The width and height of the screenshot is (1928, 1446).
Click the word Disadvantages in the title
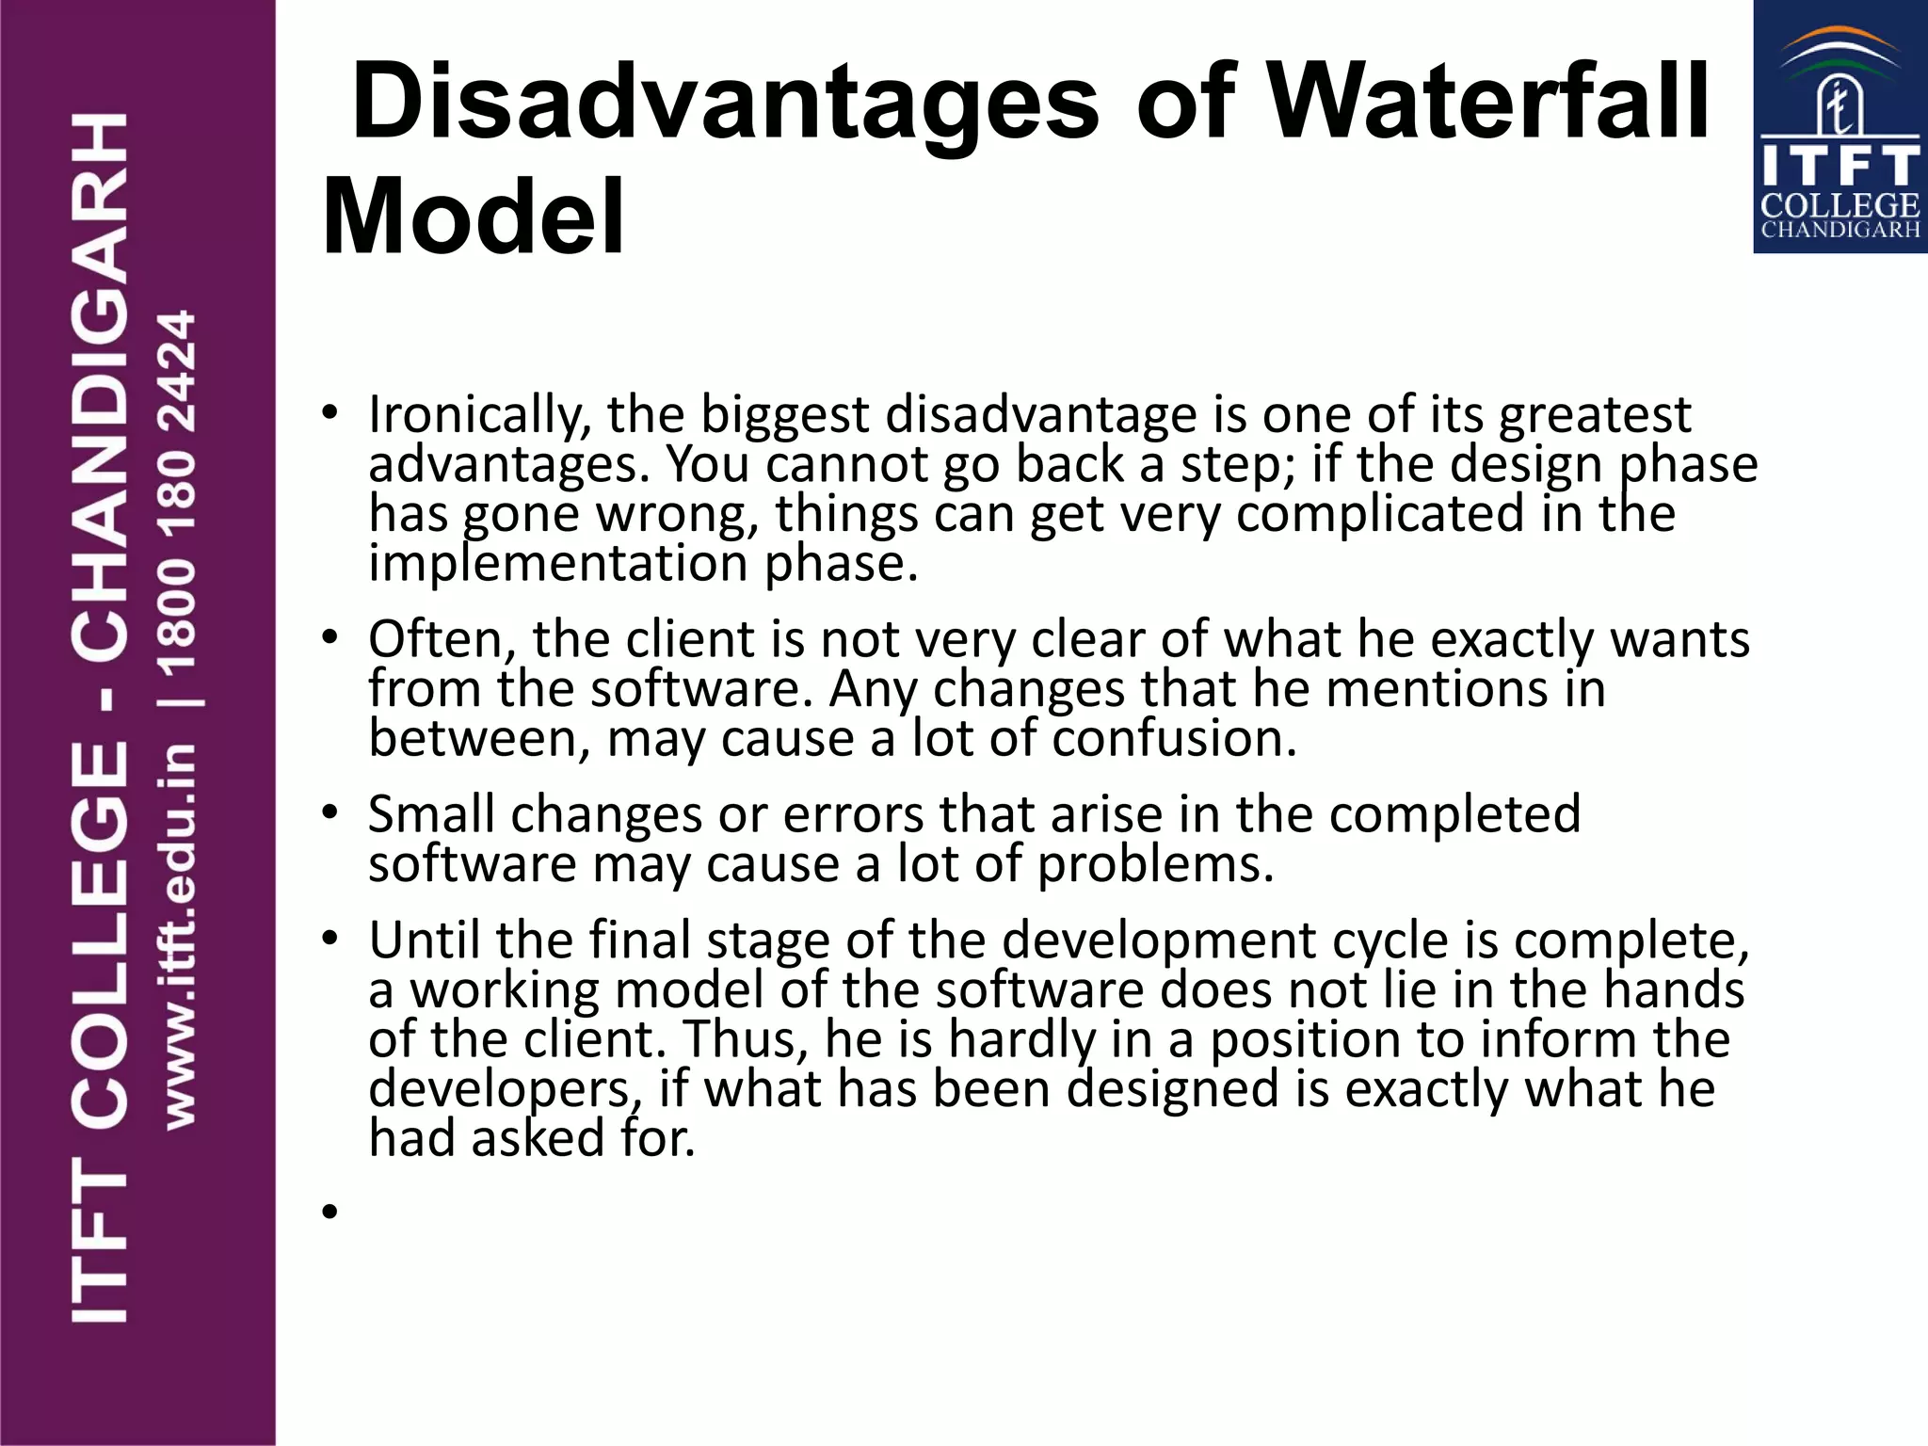pyautogui.click(x=725, y=102)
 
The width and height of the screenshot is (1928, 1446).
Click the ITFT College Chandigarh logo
pyautogui.click(x=1840, y=127)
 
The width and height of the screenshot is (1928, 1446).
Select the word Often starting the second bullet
pyautogui.click(x=442, y=640)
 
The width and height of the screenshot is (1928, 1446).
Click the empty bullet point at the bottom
pyautogui.click(x=329, y=1212)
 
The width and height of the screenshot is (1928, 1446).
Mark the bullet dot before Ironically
pyautogui.click(x=329, y=414)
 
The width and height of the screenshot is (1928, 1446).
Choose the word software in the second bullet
pyautogui.click(x=701, y=689)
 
